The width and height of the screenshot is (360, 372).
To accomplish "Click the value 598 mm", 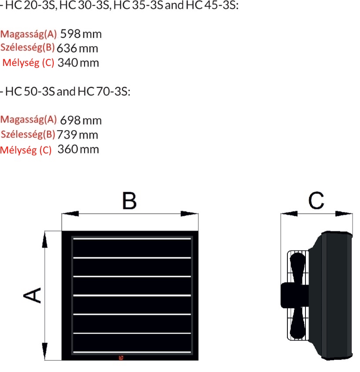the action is (x=81, y=34).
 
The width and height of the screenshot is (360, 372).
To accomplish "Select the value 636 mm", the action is (x=77, y=48).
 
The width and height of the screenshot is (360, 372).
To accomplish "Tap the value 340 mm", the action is (x=78, y=62).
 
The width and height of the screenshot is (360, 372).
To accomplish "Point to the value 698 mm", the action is (x=81, y=120).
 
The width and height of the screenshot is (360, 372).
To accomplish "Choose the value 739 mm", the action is (x=77, y=135).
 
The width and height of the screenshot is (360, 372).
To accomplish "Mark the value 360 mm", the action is (x=78, y=149).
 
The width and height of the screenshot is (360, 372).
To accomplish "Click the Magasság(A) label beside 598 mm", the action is (x=29, y=34).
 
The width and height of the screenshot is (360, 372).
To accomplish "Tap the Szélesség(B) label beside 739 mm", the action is (x=28, y=135).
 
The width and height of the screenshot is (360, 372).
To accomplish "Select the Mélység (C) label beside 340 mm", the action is (x=28, y=62).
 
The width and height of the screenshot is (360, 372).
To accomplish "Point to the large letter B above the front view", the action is (x=129, y=201).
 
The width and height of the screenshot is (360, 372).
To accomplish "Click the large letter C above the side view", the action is (x=316, y=201).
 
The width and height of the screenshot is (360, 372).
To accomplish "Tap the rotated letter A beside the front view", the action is (x=32, y=295).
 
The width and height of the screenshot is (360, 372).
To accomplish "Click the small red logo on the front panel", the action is (x=121, y=357).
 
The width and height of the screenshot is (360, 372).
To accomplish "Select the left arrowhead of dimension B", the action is (x=70, y=214).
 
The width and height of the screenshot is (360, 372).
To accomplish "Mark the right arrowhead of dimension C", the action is (x=344, y=214).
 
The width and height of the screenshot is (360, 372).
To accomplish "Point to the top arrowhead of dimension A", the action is (x=44, y=240).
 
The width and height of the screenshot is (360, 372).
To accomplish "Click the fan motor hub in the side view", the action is (x=294, y=295).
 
